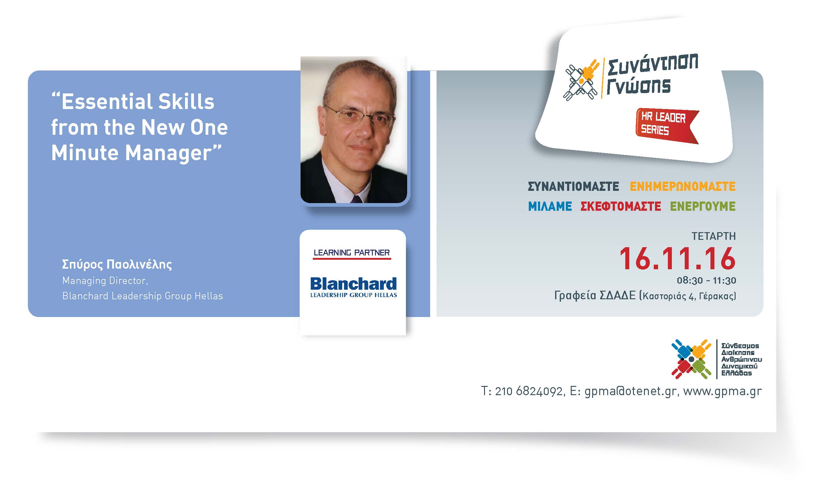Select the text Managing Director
[104, 281]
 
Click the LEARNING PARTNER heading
[351, 253]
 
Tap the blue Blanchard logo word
[353, 284]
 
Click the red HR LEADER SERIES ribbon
[667, 126]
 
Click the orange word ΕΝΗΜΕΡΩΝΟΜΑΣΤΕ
[683, 187]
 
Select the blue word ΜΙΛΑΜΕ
[550, 206]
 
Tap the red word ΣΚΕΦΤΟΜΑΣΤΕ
[621, 206]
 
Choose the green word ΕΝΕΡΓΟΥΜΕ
[703, 206]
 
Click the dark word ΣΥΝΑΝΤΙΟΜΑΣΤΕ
[573, 187]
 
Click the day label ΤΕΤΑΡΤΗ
[714, 236]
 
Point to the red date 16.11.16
[677, 259]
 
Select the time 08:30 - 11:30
[706, 281]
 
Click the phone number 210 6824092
[528, 391]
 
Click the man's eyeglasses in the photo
[360, 115]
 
